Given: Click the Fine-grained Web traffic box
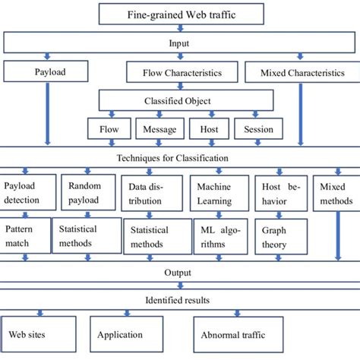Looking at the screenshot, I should (x=180, y=14).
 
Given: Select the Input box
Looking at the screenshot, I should (x=180, y=44).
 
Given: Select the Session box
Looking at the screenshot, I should (x=257, y=129).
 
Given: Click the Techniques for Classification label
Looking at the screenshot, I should (x=180, y=158).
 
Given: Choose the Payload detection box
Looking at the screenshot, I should (x=28, y=192).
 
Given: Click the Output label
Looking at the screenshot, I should (x=180, y=272).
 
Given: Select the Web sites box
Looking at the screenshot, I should (x=34, y=333).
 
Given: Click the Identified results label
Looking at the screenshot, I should (x=180, y=301).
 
